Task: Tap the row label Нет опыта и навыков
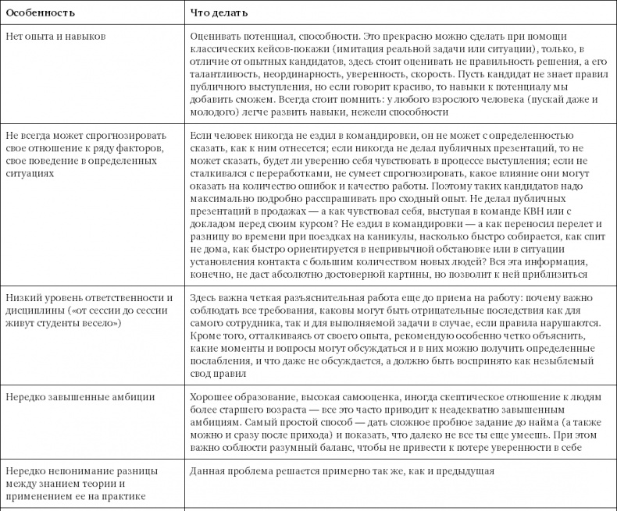tap(55, 37)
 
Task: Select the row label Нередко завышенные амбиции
tap(80, 396)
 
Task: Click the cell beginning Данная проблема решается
tap(342, 472)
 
